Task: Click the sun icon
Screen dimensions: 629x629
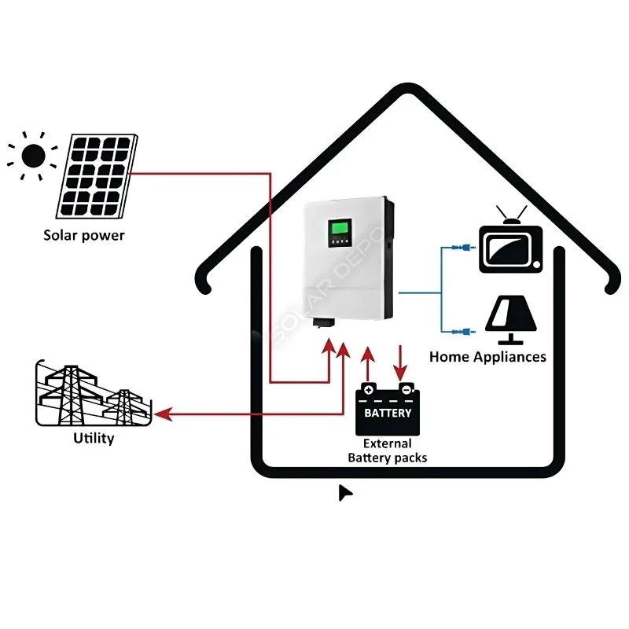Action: pyautogui.click(x=32, y=156)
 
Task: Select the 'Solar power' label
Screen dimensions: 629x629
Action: pyautogui.click(x=84, y=235)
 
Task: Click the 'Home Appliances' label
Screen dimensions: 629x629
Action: pyautogui.click(x=487, y=357)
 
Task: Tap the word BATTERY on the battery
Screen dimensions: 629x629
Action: pyautogui.click(x=388, y=413)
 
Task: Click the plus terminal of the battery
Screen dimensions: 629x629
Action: pyautogui.click(x=369, y=389)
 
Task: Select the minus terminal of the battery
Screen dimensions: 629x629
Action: pyautogui.click(x=406, y=389)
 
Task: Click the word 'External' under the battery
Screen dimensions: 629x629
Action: pyautogui.click(x=387, y=444)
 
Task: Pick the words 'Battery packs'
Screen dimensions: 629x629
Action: pyautogui.click(x=387, y=458)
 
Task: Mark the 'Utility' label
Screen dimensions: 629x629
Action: pyautogui.click(x=93, y=438)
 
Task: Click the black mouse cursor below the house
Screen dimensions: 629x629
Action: pyautogui.click(x=344, y=493)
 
